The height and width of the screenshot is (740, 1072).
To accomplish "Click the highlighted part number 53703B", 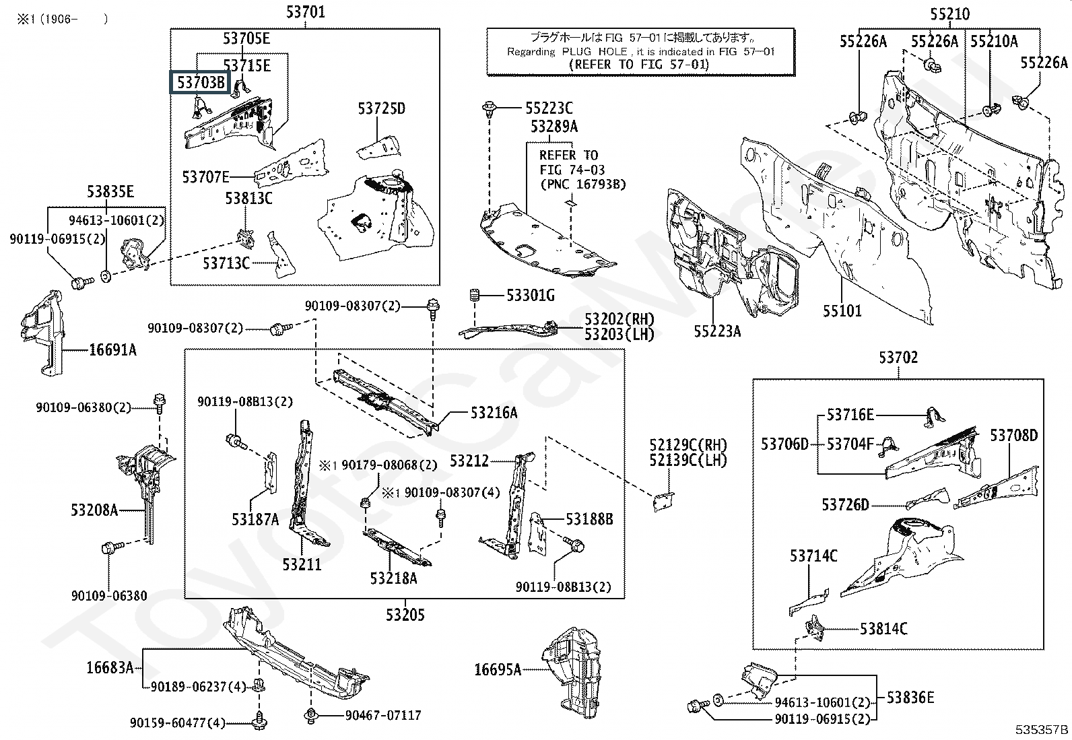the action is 201,82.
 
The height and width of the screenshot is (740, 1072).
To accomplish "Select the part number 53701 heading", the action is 305,11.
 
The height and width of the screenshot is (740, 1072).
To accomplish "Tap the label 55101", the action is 842,311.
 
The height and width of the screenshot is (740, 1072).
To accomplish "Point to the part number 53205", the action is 405,615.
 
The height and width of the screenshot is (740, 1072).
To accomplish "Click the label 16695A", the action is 497,669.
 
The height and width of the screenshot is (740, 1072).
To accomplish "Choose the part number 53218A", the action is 393,578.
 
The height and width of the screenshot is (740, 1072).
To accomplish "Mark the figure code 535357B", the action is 1042,729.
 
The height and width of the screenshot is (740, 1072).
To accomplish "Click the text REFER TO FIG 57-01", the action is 640,64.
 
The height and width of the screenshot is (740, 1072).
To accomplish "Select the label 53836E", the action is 910,698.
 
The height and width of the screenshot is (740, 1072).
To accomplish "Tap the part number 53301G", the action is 530,296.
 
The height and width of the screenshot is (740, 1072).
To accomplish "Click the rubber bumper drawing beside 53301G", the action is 474,296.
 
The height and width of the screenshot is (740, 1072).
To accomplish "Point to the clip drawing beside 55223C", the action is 489,109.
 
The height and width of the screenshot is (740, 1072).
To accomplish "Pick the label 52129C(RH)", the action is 688,444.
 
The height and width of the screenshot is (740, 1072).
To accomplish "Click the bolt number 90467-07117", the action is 383,715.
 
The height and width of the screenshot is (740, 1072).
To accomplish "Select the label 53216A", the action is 494,413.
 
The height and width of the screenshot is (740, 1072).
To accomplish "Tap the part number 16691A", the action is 113,350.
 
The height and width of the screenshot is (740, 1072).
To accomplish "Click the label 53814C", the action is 883,628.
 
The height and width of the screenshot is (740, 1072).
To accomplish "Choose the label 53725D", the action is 381,108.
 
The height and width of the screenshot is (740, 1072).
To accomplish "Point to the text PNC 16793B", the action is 583,184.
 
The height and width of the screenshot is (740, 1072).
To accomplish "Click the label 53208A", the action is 94,510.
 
